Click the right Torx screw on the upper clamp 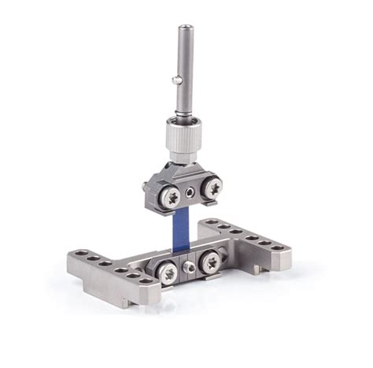click(x=212, y=190)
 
